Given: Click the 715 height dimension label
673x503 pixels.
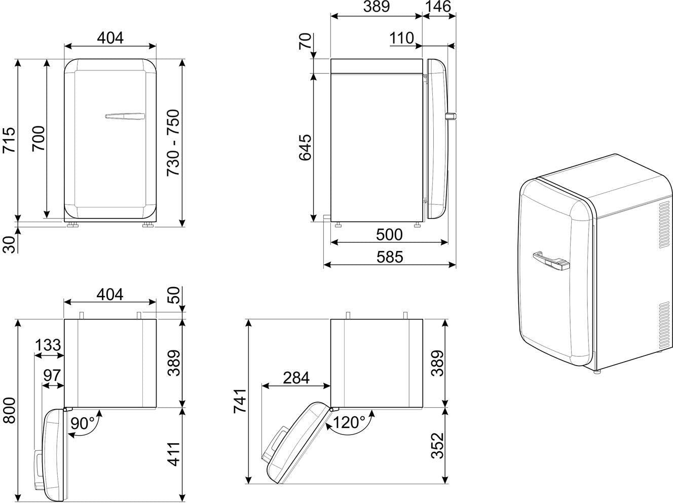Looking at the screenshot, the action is point(9,140).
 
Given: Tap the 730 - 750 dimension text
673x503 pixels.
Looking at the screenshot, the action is point(173,142).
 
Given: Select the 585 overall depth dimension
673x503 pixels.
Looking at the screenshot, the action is point(390,257).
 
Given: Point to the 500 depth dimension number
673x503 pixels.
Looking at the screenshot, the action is point(389,235).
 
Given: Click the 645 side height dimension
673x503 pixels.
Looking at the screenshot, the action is point(305,147).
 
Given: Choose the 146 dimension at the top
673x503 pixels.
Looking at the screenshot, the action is point(438,7).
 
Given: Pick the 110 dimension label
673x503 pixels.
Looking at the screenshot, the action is point(402,39).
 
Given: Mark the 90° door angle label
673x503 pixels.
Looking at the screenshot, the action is point(83,423).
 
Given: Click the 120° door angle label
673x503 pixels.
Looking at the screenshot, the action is point(349,422).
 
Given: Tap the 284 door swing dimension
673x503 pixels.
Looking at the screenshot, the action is point(296,378).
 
